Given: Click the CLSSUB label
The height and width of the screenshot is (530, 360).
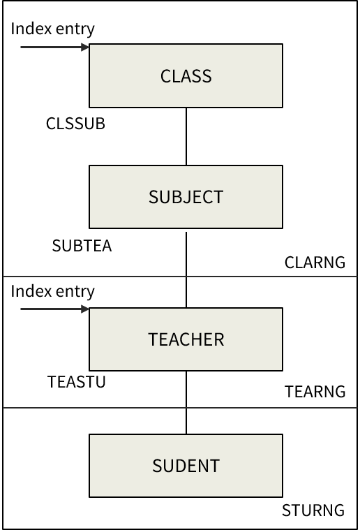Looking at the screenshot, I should [75, 124].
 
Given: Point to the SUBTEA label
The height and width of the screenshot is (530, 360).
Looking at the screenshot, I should [82, 246].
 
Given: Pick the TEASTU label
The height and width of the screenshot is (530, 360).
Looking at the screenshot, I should [77, 382].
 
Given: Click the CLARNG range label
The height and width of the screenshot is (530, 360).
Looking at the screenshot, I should [315, 263].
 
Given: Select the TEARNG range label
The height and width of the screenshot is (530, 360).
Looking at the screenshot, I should [315, 392].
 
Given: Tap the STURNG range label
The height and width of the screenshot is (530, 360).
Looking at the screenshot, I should [313, 510].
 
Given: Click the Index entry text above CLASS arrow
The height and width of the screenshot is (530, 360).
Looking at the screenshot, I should [53, 29].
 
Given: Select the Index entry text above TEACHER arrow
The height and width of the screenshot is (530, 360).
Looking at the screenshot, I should [53, 290].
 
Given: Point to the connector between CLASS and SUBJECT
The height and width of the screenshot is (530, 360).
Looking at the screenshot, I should [186, 136].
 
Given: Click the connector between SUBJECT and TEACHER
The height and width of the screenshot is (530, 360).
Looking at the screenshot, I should [186, 268].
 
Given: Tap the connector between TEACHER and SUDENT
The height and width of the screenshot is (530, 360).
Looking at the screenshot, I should [186, 402].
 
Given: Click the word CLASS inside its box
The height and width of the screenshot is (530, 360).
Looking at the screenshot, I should [186, 76].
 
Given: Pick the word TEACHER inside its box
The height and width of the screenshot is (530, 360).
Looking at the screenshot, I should [186, 339].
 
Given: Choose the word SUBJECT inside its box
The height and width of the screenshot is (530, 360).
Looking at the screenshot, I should [186, 197].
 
